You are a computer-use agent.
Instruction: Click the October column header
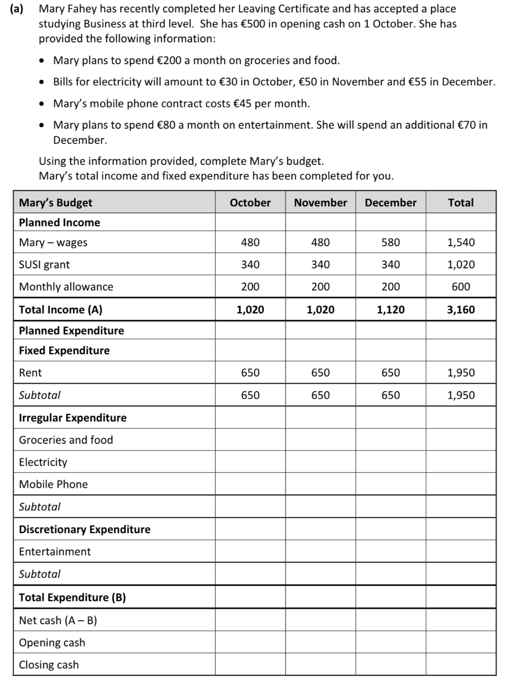pos(250,203)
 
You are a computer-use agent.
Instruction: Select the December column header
pos(390,203)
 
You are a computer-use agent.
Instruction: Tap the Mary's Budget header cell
pos(56,203)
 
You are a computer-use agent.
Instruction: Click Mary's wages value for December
pos(390,243)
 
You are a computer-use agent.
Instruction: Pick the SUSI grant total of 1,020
pos(461,265)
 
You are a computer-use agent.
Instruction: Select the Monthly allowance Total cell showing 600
pos(461,287)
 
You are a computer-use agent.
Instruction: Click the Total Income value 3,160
pos(461,310)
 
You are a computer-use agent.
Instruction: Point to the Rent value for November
pos(321,373)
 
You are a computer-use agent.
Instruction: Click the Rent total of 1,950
pos(461,373)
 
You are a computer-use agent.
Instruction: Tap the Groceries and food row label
pos(66,440)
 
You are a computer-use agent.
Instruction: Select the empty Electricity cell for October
pos(250,462)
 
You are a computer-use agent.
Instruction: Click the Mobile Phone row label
pos(53,485)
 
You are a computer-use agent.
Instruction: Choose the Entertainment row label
pos(55,552)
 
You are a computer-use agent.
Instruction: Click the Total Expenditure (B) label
pos(72,598)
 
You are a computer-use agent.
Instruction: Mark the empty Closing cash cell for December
pos(390,665)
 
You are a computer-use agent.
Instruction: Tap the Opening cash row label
pos(52,643)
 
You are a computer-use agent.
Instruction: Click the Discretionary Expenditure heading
pos(85,530)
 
